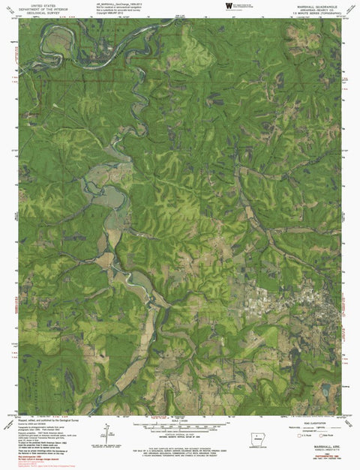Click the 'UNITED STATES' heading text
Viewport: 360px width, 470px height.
[x=35, y=4]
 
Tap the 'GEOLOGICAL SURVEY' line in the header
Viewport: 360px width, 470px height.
[x=35, y=12]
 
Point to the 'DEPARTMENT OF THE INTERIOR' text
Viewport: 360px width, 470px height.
[x=35, y=7]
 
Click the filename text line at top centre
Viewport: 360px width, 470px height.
[x=120, y=4]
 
